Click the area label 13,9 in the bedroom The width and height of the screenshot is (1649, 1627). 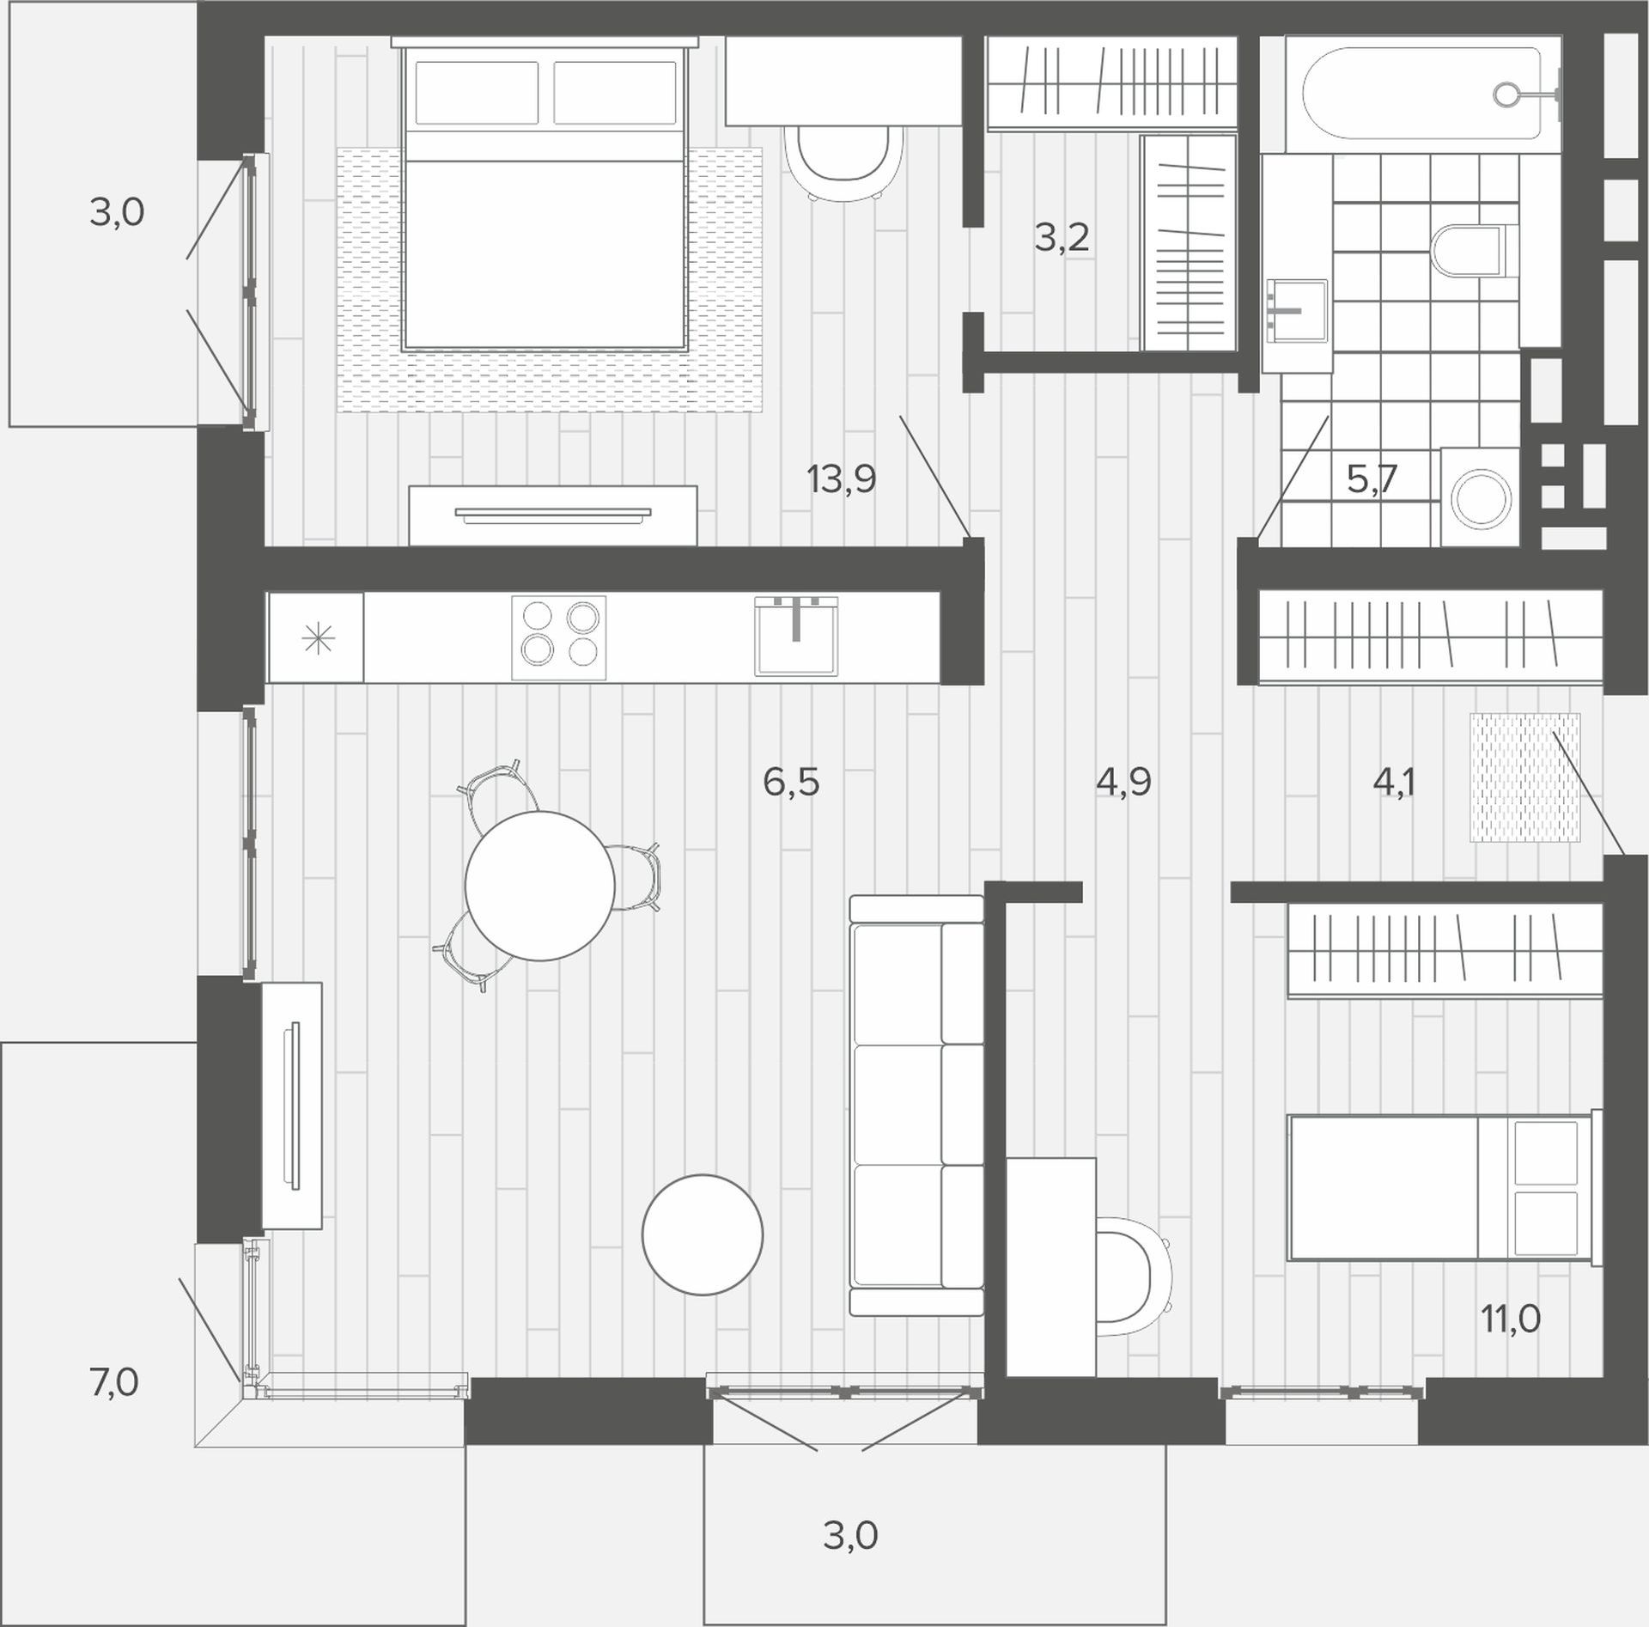tap(842, 479)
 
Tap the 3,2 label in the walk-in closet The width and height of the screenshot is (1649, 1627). tap(1062, 237)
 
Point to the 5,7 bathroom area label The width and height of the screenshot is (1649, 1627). tap(1372, 479)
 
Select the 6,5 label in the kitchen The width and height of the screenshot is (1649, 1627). tap(791, 783)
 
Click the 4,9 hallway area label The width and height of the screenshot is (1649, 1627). tap(1123, 783)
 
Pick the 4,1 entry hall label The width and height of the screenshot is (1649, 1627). tap(1394, 783)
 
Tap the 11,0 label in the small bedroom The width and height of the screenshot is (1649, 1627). tap(1511, 1318)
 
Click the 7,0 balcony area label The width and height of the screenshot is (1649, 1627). tap(114, 1383)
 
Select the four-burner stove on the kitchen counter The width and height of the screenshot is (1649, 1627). tap(559, 638)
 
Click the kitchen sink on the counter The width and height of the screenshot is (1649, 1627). tap(796, 636)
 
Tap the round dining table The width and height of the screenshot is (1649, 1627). tap(539, 886)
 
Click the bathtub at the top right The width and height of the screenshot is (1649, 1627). tap(1422, 94)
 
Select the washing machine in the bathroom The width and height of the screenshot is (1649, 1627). tap(1480, 497)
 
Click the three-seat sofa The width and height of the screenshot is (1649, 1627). tap(916, 1105)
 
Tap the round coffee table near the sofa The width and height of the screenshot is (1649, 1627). tap(703, 1234)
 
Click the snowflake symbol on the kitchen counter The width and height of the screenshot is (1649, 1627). tap(318, 639)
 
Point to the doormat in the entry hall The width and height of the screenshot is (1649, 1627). tap(1524, 777)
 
